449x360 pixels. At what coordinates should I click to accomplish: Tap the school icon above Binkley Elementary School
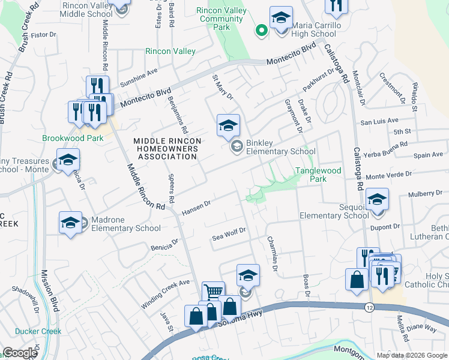pos(228,126)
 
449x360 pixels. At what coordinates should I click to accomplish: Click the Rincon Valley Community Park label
pos(221,19)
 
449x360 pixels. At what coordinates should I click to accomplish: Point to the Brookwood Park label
pos(73,138)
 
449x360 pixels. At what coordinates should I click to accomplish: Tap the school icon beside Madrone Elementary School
pos(70,223)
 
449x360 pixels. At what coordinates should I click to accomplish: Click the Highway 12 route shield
pos(367,307)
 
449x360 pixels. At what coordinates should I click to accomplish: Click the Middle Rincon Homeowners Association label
pos(167,149)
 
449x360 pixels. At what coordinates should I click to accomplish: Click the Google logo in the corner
pos(20,353)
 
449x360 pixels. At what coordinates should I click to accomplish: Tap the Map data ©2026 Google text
pos(412,355)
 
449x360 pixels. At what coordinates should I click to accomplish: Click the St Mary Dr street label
pos(221,88)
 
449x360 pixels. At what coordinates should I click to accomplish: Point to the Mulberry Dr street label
pos(424,194)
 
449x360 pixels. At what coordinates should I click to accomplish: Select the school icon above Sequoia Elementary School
pos(377,199)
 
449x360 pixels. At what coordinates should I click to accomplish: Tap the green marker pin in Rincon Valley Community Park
pos(261,30)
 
